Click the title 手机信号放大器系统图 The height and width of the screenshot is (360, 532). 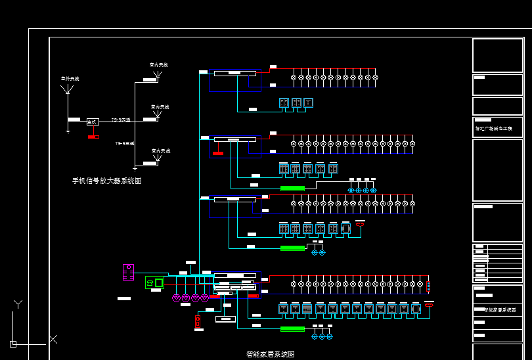pos(107,181)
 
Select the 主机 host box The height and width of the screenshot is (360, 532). pos(93,122)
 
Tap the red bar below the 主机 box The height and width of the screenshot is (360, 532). pos(93,137)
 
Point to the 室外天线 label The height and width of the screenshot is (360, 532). pos(70,79)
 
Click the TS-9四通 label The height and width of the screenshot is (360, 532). pos(121,120)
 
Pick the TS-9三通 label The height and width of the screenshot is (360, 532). pos(125,143)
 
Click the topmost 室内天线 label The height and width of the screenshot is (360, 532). pos(159,65)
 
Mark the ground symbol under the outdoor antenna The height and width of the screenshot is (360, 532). pos(68,131)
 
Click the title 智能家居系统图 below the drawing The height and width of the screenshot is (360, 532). pos(271,354)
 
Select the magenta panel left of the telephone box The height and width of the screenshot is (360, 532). pos(128,272)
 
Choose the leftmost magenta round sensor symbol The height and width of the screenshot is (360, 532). pos(176,298)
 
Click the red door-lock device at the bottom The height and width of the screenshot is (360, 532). pos(197,321)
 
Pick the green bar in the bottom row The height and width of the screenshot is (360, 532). pos(292,328)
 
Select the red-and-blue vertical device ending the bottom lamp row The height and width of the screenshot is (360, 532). pos(428,286)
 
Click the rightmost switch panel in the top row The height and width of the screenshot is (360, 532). pos(308,102)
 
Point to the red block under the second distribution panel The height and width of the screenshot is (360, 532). pos(217,153)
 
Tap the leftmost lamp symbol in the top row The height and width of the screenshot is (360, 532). pos(294,78)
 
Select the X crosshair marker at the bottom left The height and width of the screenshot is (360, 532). pos(53,339)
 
